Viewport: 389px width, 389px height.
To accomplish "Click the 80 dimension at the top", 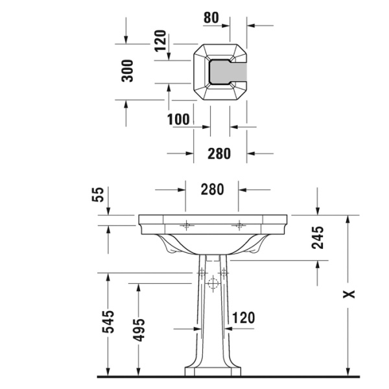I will pyautogui.click(x=211, y=18).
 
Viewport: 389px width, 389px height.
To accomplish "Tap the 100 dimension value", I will pyautogui.click(x=178, y=119).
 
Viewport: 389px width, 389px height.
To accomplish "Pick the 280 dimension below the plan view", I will pyautogui.click(x=219, y=154).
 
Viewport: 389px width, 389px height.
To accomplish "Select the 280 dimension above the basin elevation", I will pyautogui.click(x=212, y=189).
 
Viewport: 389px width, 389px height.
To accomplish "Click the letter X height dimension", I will pyautogui.click(x=350, y=295).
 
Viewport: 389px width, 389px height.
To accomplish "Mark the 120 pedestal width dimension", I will pyautogui.click(x=242, y=318).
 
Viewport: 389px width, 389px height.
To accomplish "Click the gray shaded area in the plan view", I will pyautogui.click(x=231, y=72).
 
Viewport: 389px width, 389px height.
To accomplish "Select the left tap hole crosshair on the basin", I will pyautogui.click(x=187, y=226).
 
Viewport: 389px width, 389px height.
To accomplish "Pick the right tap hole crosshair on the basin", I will pyautogui.click(x=239, y=226).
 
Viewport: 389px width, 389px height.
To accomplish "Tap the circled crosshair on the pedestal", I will pyautogui.click(x=213, y=283).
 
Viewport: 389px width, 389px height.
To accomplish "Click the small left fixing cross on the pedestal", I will pyautogui.click(x=202, y=273).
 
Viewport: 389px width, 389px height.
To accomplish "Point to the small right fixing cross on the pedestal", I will pyautogui.click(x=224, y=273).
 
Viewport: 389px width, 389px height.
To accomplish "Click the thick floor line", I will pyautogui.click(x=227, y=376).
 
